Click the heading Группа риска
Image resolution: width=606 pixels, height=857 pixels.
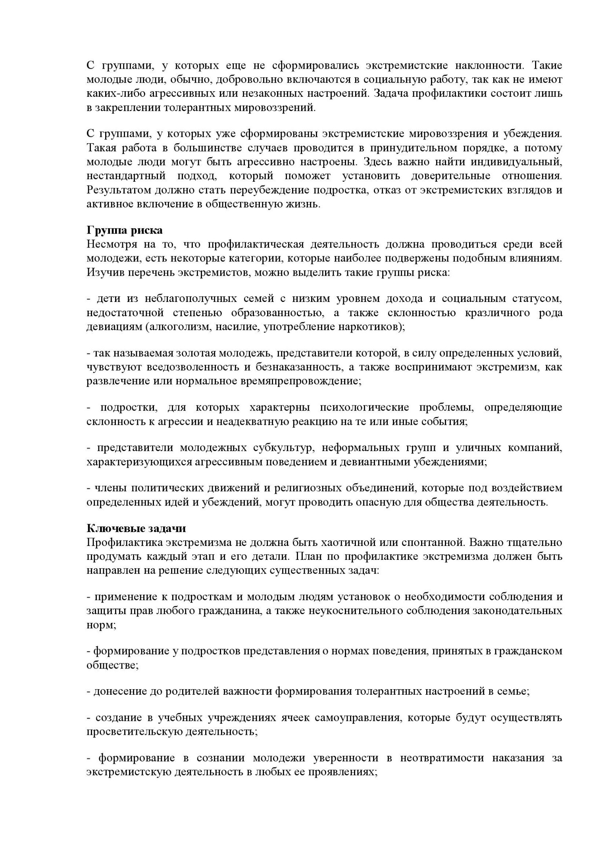(125, 230)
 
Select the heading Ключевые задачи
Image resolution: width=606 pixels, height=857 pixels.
(136, 528)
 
